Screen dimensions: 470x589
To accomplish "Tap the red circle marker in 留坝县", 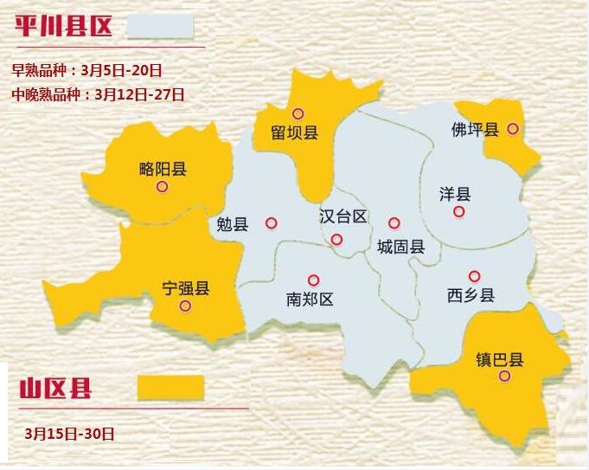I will pyautogui.click(x=298, y=113).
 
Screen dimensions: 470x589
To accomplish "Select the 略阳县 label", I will pyautogui.click(x=163, y=169).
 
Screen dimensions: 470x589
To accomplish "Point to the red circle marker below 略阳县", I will pyautogui.click(x=162, y=186).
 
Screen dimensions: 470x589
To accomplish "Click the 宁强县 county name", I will pyautogui.click(x=186, y=288).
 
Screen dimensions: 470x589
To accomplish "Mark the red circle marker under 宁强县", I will pyautogui.click(x=184, y=306).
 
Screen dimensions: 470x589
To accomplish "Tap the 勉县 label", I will pyautogui.click(x=233, y=224).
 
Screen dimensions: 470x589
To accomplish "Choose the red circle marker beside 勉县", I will pyautogui.click(x=272, y=222).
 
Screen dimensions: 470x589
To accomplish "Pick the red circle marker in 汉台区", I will pyautogui.click(x=336, y=239).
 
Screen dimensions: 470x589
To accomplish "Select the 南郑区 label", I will pyautogui.click(x=310, y=299).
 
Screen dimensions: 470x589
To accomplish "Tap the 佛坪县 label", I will pyautogui.click(x=475, y=130).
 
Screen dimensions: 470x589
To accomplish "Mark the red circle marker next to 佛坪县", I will pyautogui.click(x=513, y=128).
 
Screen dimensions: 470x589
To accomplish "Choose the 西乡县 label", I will pyautogui.click(x=471, y=295).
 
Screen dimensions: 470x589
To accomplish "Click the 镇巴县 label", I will pyautogui.click(x=500, y=359).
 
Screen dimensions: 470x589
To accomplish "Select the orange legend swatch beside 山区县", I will pyautogui.click(x=170, y=387).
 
